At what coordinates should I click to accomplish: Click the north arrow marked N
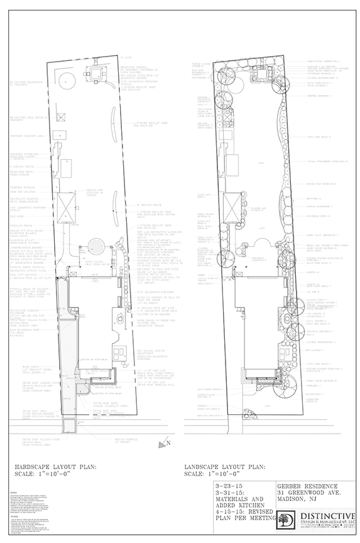click(164, 442)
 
